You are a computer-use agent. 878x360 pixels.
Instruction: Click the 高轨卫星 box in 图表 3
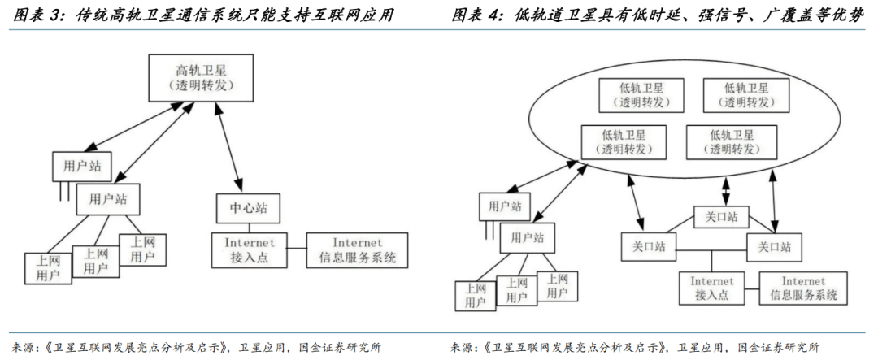click(194, 77)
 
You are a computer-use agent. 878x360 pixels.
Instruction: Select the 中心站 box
click(241, 207)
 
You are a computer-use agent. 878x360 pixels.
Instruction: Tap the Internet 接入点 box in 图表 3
click(250, 250)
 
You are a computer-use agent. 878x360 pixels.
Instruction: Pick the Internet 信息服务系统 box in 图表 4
click(802, 288)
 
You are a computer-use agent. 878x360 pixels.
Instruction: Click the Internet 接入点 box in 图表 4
click(712, 288)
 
